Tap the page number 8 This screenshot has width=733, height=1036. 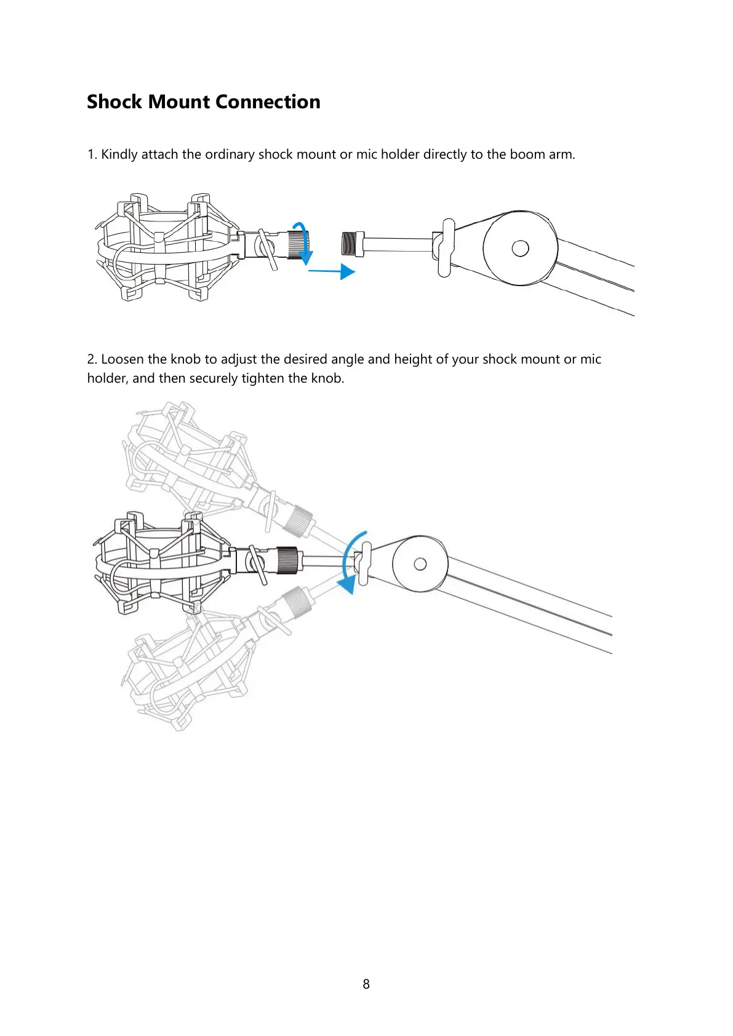(x=366, y=984)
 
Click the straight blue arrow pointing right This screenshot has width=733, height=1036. (x=332, y=271)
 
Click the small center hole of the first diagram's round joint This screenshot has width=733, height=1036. (x=520, y=248)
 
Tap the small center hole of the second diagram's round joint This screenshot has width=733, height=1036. (x=420, y=564)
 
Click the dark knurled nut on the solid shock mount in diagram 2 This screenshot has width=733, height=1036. (x=288, y=560)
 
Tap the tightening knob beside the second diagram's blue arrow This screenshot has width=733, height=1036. (x=364, y=564)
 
